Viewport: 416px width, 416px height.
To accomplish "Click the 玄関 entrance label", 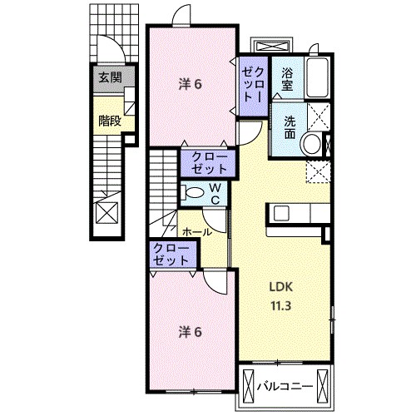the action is click(111, 77).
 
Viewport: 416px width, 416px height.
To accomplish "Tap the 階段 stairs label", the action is click(110, 121).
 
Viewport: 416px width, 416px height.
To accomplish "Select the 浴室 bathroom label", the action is click(287, 79).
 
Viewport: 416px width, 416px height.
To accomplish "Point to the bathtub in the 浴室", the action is click(318, 77).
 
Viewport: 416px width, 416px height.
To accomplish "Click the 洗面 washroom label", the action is click(290, 128).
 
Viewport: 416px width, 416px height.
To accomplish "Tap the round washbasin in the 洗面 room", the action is click(312, 145).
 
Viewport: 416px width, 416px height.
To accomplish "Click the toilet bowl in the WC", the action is click(195, 192).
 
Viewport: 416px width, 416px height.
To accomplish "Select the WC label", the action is click(215, 194).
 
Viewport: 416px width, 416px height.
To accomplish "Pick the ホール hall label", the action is click(197, 232).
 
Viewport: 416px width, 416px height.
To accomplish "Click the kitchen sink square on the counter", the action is click(282, 213).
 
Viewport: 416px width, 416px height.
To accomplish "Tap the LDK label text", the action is click(281, 287).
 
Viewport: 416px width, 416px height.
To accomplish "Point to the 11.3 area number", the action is click(280, 306).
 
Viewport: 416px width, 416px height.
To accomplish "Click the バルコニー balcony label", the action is click(285, 386).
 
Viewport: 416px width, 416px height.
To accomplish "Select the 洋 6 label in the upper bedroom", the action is click(190, 84).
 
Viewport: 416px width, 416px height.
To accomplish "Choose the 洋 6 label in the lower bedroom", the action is click(190, 332).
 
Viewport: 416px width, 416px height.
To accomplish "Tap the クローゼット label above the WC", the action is click(210, 163).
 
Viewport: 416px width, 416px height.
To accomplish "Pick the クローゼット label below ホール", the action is click(171, 255).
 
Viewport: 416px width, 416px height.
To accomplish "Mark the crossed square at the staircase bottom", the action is click(106, 212).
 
